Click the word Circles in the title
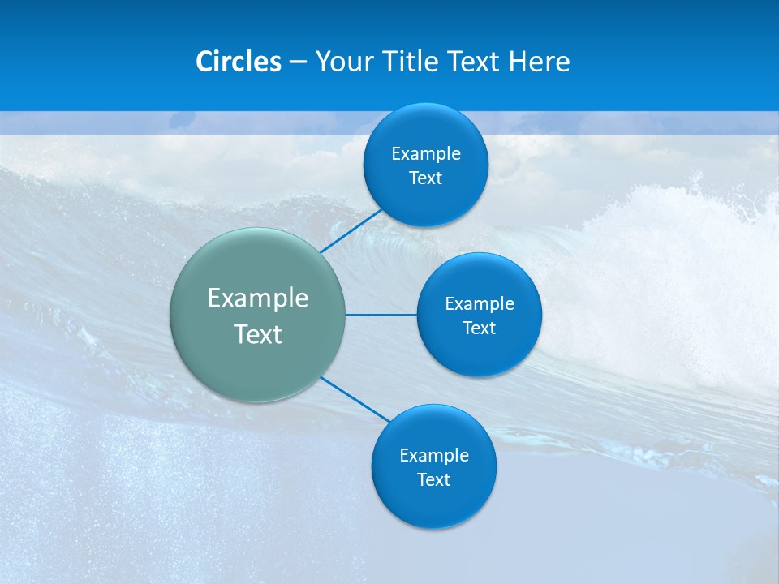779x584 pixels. coord(239,62)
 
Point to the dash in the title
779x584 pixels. coord(298,62)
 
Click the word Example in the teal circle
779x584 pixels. coord(258,298)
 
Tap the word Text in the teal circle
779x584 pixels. coord(258,334)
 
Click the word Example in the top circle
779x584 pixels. coord(426,154)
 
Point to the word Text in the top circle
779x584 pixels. coord(426,178)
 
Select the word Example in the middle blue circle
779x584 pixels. coord(480,304)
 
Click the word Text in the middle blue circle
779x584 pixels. coord(480,328)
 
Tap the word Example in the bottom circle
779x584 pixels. coord(434,456)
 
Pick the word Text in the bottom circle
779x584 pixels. coord(434,480)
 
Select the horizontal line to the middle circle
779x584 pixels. coord(381,315)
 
